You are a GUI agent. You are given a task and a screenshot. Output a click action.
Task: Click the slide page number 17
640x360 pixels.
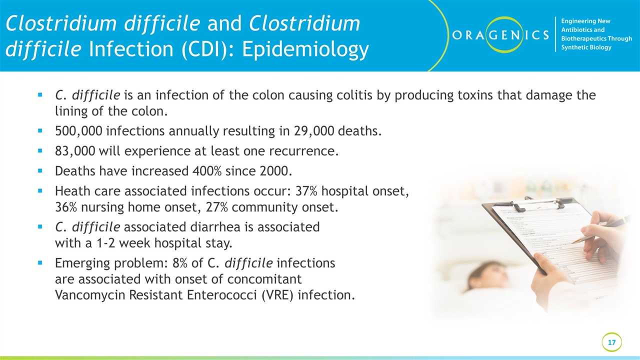(611, 342)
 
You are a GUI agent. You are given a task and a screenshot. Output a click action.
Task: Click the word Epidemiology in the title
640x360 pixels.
(305, 49)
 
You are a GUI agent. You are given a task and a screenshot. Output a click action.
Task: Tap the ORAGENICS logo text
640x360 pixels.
(500, 35)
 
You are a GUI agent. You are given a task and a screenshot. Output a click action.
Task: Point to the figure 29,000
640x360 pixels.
(314, 131)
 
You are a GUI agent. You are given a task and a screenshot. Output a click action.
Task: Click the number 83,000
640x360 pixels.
(75, 151)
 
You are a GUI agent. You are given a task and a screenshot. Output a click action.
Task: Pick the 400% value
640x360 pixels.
(207, 171)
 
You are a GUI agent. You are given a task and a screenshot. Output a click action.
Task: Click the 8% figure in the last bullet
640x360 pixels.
(180, 263)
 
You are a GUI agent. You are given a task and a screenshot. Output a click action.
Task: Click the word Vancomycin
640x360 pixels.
(90, 295)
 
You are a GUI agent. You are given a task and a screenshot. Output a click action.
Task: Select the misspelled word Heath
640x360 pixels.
(71, 191)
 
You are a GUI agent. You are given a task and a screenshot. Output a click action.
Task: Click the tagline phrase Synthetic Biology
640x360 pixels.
(586, 47)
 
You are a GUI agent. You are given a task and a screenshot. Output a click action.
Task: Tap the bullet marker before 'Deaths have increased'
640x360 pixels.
(40, 171)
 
